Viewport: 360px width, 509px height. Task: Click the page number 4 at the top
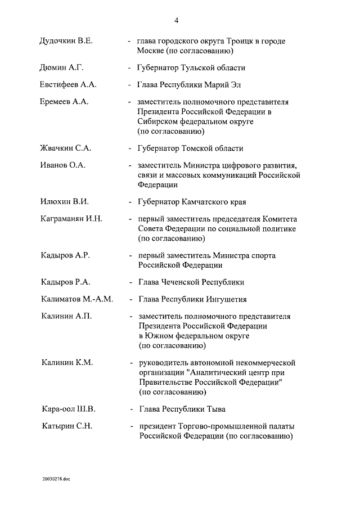point(176,21)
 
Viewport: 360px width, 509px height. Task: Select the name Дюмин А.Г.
point(62,68)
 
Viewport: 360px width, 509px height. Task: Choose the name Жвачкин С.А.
point(66,148)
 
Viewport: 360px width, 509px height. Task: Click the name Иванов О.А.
point(62,166)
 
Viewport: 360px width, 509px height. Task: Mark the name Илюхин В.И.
point(65,201)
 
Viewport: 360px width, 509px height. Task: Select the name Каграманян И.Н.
point(71,219)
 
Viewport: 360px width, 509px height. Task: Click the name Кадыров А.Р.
point(65,255)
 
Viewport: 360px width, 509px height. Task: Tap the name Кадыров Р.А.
point(65,282)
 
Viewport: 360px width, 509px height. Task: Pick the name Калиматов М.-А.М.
point(77,299)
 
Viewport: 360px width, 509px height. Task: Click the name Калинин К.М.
point(67,363)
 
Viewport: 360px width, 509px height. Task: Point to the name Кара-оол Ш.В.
point(68,409)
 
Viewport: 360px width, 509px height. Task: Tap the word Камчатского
point(204,201)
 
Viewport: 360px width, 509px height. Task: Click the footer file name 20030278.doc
point(57,479)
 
